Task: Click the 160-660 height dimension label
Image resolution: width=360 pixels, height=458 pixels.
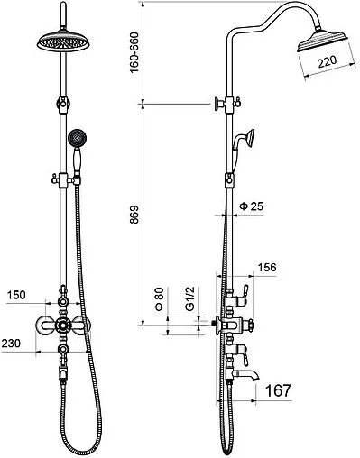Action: pyautogui.click(x=134, y=52)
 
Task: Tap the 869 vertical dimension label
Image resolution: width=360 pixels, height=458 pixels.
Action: pyautogui.click(x=134, y=215)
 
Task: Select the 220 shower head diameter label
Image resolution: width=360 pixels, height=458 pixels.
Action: pyautogui.click(x=327, y=62)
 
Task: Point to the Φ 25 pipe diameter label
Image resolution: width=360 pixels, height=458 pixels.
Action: pyautogui.click(x=251, y=206)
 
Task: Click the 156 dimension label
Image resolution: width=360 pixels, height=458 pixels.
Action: pyautogui.click(x=267, y=267)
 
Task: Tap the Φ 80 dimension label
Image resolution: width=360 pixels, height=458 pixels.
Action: pyautogui.click(x=159, y=298)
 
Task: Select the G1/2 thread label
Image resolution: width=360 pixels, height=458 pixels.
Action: pyautogui.click(x=190, y=298)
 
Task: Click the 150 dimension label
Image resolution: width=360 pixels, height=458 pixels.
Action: pyautogui.click(x=16, y=295)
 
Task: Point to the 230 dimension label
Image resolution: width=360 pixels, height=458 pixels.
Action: pyautogui.click(x=11, y=343)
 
